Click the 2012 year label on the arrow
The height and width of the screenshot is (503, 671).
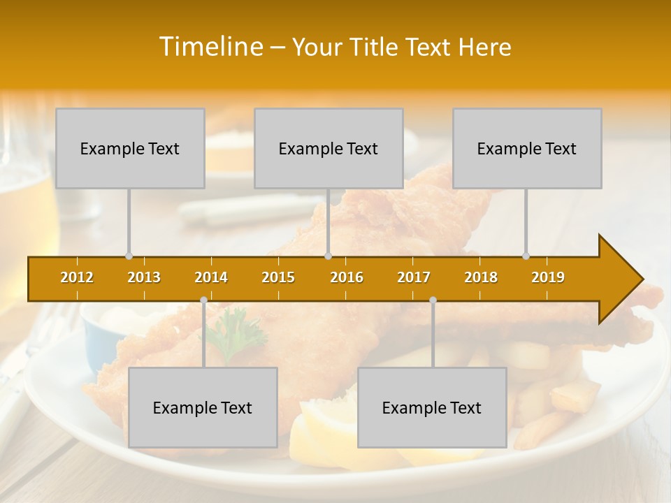click(77, 277)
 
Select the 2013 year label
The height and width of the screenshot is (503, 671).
click(144, 277)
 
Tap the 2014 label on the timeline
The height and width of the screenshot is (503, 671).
click(211, 277)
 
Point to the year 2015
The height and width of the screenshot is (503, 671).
click(278, 277)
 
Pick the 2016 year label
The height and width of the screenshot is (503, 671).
click(347, 277)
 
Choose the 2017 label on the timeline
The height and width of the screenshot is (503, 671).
click(414, 277)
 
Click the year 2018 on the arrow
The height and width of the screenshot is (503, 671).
click(481, 277)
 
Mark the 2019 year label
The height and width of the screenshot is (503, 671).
click(548, 277)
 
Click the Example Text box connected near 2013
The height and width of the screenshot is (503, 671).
click(130, 148)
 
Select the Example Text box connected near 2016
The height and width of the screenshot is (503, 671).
click(329, 148)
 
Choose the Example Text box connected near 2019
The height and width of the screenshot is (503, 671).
click(527, 148)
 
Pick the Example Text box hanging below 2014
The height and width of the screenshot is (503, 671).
click(203, 407)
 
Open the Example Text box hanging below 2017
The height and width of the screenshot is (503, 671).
click(432, 407)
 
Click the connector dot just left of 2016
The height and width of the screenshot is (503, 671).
click(329, 256)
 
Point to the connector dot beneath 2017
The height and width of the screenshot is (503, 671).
click(433, 300)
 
